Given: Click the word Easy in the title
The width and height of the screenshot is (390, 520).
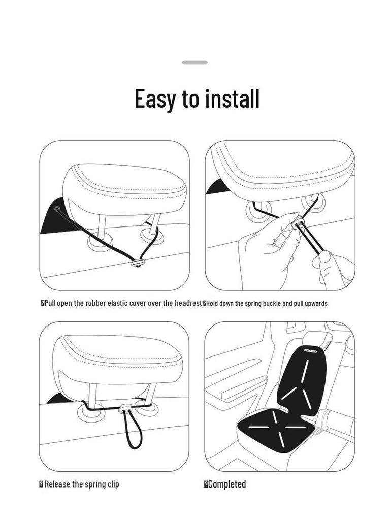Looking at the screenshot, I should [154, 99].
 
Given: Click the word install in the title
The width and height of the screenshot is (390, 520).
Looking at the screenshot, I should [232, 99].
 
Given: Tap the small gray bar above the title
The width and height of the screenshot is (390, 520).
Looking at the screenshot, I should [195, 62].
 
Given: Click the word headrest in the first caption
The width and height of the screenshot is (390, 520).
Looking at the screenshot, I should [188, 303].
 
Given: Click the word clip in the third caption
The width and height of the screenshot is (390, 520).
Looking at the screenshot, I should [113, 484].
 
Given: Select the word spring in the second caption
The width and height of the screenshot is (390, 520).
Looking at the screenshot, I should [245, 303].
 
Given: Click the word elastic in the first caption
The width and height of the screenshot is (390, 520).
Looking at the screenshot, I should [117, 303].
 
